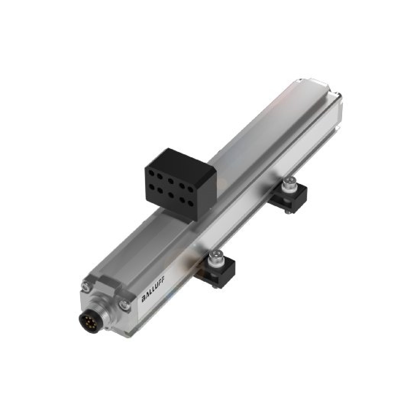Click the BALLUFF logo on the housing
(x=152, y=294)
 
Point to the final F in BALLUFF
(x=160, y=289)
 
